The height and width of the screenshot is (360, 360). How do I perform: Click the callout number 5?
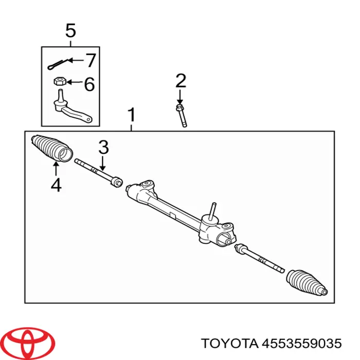(70, 30)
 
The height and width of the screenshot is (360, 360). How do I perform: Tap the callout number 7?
(90, 60)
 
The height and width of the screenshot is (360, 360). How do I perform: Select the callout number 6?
(89, 84)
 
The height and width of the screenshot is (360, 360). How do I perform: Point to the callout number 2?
(181, 81)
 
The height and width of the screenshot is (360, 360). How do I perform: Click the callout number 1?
(131, 115)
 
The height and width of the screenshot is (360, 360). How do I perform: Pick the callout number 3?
(103, 148)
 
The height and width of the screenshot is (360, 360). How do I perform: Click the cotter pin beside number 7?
(58, 64)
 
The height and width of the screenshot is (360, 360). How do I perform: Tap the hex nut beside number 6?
(60, 81)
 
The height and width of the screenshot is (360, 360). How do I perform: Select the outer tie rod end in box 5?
(71, 109)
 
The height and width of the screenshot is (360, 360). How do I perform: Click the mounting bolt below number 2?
(182, 116)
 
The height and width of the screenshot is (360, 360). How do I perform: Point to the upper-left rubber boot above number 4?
(52, 148)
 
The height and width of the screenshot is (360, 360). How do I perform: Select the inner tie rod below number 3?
(99, 173)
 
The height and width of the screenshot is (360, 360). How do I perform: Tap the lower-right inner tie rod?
(259, 258)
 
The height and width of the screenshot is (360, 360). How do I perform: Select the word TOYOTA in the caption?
(229, 344)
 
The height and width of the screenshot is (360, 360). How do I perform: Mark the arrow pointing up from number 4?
(56, 169)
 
